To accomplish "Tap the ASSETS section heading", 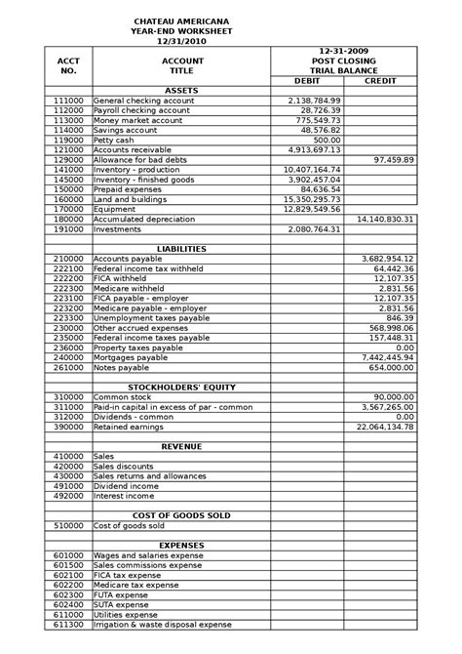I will click(x=182, y=91).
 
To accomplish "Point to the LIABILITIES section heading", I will click(x=182, y=249).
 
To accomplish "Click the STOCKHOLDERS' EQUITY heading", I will click(x=182, y=388).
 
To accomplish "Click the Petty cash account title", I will click(x=114, y=140).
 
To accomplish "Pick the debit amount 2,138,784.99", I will click(x=314, y=101).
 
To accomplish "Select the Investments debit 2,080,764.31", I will click(x=314, y=228).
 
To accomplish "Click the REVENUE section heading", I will click(x=182, y=446).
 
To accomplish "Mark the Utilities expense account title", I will click(x=125, y=614).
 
